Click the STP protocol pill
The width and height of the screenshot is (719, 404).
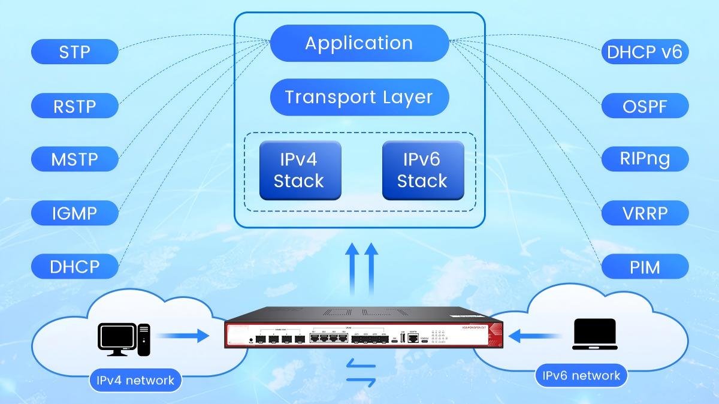(75, 52)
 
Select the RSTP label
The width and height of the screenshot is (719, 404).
(75, 106)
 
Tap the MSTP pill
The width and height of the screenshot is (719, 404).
(75, 159)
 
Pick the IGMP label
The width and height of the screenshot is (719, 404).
(75, 212)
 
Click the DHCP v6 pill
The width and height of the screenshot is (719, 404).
(645, 52)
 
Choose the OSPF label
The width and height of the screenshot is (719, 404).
(645, 106)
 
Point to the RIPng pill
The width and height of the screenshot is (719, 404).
(645, 159)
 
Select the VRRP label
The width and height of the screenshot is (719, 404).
(645, 212)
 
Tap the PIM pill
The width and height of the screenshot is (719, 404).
(645, 266)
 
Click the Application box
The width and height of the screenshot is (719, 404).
(359, 43)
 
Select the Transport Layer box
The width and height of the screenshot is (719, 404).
(359, 97)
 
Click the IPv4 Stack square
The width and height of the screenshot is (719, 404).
(300, 170)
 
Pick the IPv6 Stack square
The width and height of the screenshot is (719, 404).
(422, 170)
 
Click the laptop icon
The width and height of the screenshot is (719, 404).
(594, 334)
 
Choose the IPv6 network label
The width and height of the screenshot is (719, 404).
(581, 376)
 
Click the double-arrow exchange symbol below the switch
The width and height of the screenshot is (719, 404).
(361, 372)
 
